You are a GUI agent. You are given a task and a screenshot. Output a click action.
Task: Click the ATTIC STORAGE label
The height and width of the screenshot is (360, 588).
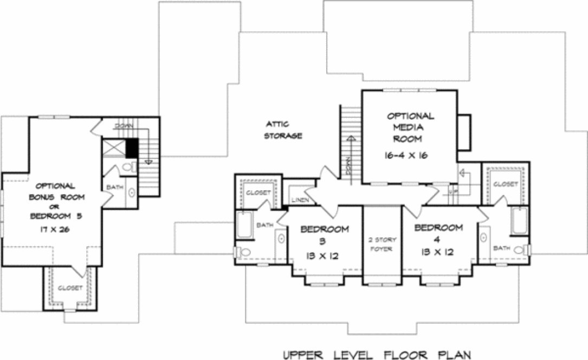tap(283, 130)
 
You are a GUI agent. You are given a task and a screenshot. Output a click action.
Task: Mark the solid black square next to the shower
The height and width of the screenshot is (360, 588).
tap(131, 147)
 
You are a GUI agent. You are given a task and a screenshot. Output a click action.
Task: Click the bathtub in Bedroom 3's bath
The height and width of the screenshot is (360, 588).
tap(243, 224)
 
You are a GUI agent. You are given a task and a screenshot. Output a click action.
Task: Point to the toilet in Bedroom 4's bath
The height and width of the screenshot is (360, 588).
tap(522, 250)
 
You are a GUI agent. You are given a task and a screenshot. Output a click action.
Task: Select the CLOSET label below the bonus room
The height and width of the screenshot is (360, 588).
tap(69, 287)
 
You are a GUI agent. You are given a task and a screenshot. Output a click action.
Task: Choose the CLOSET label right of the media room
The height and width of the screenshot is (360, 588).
tap(506, 184)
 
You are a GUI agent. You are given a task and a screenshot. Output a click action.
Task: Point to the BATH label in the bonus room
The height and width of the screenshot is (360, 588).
tap(115, 187)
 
